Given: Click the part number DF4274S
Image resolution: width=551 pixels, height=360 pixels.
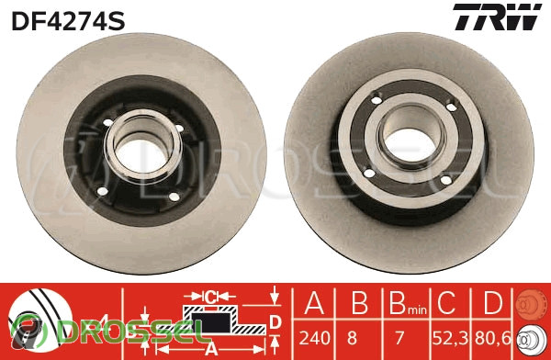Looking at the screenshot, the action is click(x=68, y=20).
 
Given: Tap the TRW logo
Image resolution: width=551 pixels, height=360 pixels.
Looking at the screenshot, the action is click(x=497, y=17).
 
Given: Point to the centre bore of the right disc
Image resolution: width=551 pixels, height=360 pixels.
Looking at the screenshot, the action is click(x=410, y=145).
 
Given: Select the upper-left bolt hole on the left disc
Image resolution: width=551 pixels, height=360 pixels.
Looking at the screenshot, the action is click(x=107, y=123).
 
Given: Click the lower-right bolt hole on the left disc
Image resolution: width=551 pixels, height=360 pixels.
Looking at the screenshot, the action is click(x=174, y=197).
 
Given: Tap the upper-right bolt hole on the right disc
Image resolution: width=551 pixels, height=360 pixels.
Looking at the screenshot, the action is click(x=451, y=107).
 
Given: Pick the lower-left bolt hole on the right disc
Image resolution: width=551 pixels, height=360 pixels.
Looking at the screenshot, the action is click(x=369, y=173).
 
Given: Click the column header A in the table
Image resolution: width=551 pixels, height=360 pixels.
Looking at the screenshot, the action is click(x=314, y=303).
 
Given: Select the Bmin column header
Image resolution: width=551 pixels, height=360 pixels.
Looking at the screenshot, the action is click(x=408, y=304).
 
